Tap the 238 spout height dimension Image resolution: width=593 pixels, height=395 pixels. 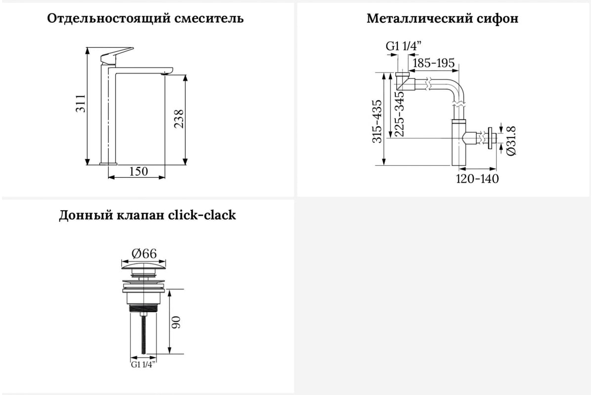click(x=179, y=119)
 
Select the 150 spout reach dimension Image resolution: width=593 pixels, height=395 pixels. click(x=138, y=171)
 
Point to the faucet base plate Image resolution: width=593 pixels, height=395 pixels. click(x=109, y=162)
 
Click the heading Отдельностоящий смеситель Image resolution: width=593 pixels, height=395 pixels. click(x=145, y=19)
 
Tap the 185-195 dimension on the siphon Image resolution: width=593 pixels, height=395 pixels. click(x=433, y=63)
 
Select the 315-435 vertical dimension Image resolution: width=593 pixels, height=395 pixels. click(x=377, y=121)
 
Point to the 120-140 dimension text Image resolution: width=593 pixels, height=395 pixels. click(x=477, y=178)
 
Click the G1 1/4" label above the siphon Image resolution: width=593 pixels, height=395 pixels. click(x=403, y=46)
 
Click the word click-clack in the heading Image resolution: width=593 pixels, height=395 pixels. click(x=202, y=215)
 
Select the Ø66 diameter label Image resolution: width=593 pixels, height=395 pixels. click(x=144, y=253)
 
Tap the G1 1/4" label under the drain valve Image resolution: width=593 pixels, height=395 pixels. click(x=143, y=365)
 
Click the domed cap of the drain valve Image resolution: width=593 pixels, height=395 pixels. click(x=144, y=267)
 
